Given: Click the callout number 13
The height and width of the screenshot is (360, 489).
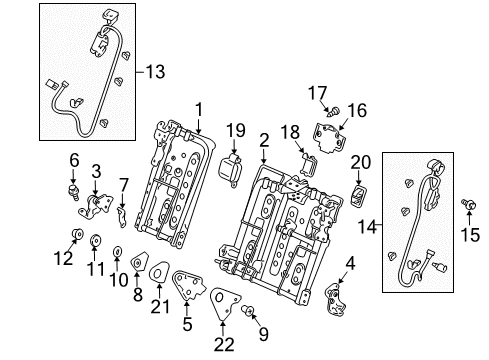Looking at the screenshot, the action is point(156,72).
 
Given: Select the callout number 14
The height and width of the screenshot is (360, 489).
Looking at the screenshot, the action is point(367,227).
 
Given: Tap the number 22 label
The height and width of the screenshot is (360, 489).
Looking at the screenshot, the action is point(224,344).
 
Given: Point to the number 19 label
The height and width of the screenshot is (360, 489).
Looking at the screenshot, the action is point(236,130).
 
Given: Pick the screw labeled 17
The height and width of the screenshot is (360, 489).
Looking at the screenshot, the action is point(333,111).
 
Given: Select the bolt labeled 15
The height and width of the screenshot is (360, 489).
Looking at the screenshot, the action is point(469,204).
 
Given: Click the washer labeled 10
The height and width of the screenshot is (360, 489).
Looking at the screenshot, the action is point(117,251).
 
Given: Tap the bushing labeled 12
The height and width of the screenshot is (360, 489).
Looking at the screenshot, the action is point(78,234).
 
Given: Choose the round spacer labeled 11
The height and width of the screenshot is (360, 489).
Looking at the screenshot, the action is point(96,240).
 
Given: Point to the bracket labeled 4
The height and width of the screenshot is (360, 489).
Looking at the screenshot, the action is point(336,299).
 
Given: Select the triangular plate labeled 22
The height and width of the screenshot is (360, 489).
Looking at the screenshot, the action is point(224,303).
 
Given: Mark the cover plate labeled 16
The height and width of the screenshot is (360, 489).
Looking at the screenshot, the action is point(328,138).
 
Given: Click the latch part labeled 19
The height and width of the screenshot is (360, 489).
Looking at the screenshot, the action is point(230,169).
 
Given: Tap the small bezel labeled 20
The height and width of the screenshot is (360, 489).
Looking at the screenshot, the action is point(358,196).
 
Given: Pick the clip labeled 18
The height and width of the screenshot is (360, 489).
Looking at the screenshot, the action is point(309,164).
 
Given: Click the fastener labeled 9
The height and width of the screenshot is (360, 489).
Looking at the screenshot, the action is point(247,310).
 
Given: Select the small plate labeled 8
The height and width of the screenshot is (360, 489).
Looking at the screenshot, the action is point(140,261).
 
